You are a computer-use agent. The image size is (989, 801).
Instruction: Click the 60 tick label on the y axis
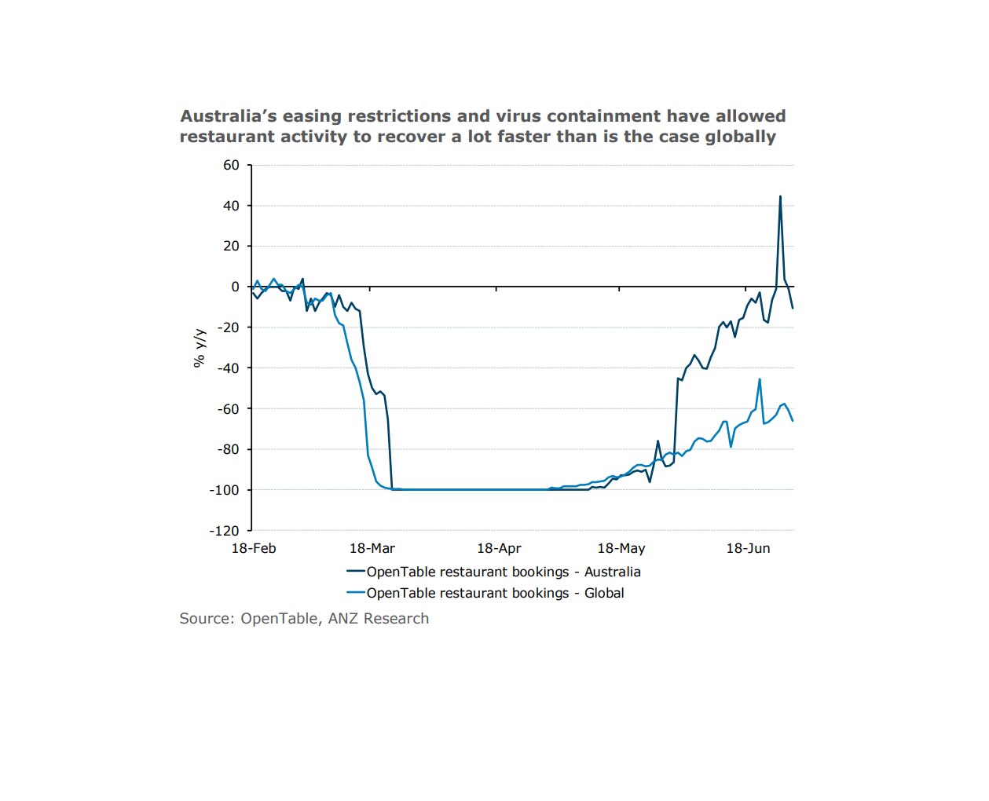231,165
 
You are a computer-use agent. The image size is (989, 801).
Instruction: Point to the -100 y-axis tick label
224,490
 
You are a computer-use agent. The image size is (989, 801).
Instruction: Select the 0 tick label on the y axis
235,287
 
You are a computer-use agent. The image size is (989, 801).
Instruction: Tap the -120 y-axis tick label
224,531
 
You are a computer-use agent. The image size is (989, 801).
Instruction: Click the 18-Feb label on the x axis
254,548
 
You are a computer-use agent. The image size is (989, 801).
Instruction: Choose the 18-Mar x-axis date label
372,548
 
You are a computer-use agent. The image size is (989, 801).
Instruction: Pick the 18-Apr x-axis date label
499,548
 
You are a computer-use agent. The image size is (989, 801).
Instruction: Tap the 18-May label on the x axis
621,548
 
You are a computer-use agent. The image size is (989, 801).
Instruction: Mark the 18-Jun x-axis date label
748,548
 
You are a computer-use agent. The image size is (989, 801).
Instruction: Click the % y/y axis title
199,348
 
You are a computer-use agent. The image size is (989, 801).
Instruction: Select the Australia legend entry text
504,572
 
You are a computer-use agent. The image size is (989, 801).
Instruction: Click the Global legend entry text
495,593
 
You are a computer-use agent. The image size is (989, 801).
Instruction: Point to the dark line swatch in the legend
355,572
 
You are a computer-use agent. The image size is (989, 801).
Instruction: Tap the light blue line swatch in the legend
355,593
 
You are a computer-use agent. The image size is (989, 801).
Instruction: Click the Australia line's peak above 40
780,196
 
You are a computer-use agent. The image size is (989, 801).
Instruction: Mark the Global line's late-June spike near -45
760,379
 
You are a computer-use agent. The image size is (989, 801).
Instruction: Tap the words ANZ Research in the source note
378,618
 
